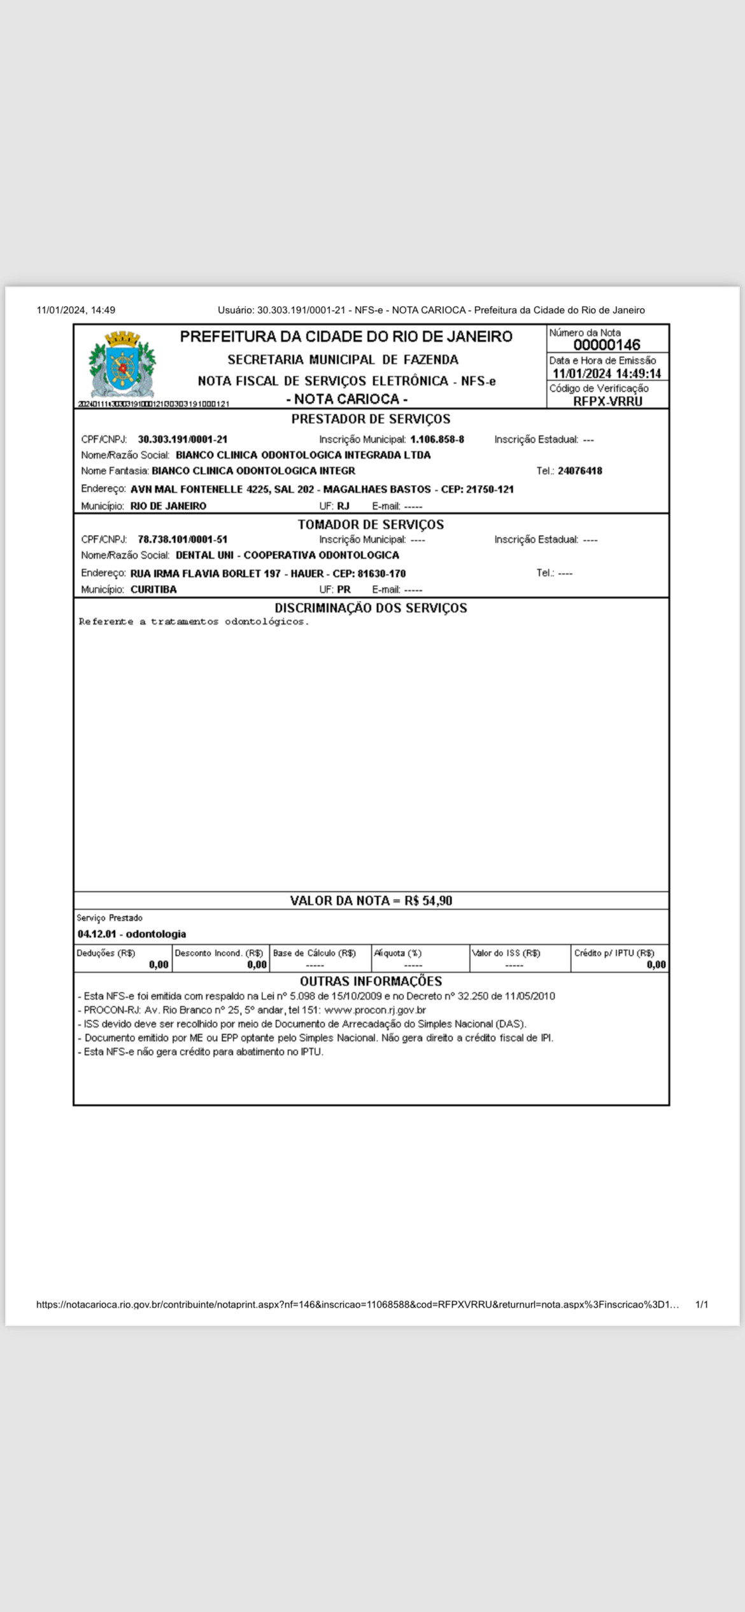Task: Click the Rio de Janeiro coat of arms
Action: click(122, 364)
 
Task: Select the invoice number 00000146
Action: click(607, 345)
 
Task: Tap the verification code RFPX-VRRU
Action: click(607, 401)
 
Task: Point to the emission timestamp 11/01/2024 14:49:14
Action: click(607, 374)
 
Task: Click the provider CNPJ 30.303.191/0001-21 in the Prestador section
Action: click(183, 439)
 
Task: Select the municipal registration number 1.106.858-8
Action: click(437, 439)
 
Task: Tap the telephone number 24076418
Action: click(579, 471)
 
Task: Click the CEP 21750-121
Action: click(490, 490)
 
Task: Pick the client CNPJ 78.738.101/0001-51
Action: click(183, 539)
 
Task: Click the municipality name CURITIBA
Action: click(153, 590)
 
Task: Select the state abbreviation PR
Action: click(344, 590)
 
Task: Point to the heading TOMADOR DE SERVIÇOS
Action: click(371, 525)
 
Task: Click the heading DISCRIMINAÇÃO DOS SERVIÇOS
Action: click(371, 608)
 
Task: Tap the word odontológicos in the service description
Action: click(266, 622)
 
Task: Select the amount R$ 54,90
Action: click(429, 901)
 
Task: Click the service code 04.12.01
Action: click(97, 934)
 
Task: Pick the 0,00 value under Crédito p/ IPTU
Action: click(656, 965)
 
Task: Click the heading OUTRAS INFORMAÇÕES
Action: click(371, 981)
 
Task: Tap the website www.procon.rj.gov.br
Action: click(375, 1010)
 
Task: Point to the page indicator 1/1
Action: click(702, 1304)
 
